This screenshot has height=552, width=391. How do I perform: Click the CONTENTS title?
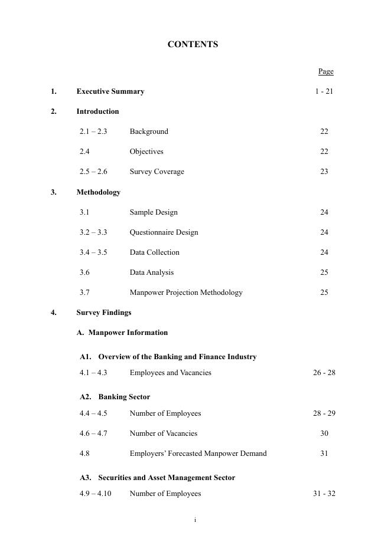[x=193, y=45]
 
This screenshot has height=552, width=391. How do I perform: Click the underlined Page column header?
[x=325, y=71]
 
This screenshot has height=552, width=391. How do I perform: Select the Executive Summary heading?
[x=110, y=91]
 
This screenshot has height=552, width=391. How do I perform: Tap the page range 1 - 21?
[x=324, y=91]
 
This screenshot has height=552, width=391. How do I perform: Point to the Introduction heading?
[x=97, y=111]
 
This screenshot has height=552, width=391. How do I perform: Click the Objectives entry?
[x=146, y=152]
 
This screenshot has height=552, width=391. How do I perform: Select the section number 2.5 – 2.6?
[x=93, y=172]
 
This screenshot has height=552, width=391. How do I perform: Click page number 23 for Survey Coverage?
[x=324, y=172]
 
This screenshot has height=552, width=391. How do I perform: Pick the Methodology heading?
[x=98, y=192]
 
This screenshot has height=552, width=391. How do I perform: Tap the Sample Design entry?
[x=154, y=212]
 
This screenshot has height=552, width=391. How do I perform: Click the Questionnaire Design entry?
[x=164, y=232]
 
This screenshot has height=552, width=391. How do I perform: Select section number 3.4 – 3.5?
[x=93, y=252]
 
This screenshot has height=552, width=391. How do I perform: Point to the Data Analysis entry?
[x=152, y=272]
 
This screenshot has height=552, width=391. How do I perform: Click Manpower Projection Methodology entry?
[x=186, y=293]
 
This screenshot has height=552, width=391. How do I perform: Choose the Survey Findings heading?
[x=103, y=313]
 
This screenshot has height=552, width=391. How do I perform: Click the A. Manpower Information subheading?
[x=122, y=333]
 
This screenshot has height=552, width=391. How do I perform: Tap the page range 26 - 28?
[x=324, y=373]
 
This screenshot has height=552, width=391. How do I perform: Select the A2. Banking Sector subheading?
[x=115, y=397]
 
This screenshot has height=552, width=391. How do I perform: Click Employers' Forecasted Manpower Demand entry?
[x=198, y=454]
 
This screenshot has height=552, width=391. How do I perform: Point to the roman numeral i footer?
[x=195, y=520]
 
